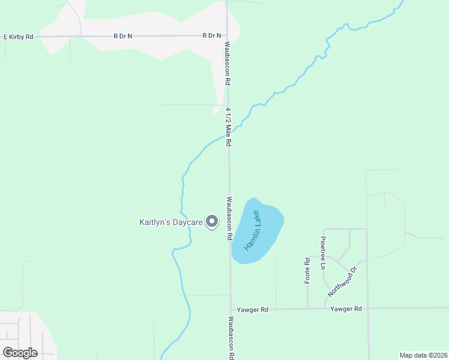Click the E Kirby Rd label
[x=19, y=36]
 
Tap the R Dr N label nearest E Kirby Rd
[x=122, y=36]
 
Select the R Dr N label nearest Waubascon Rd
[x=212, y=36]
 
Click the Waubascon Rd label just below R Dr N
[x=228, y=63]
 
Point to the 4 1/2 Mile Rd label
[x=229, y=127]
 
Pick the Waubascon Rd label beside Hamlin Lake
[x=229, y=218]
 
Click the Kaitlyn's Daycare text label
[x=171, y=223]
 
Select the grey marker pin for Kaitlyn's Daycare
[x=212, y=222]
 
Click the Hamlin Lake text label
[x=252, y=231]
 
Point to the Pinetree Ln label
[x=323, y=252]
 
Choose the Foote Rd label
[x=307, y=271]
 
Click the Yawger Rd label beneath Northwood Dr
[x=346, y=309]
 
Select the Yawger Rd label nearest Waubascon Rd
[x=252, y=310]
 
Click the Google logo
[x=20, y=352]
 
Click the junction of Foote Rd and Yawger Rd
[x=307, y=309]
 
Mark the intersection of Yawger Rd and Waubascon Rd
[x=231, y=310]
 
